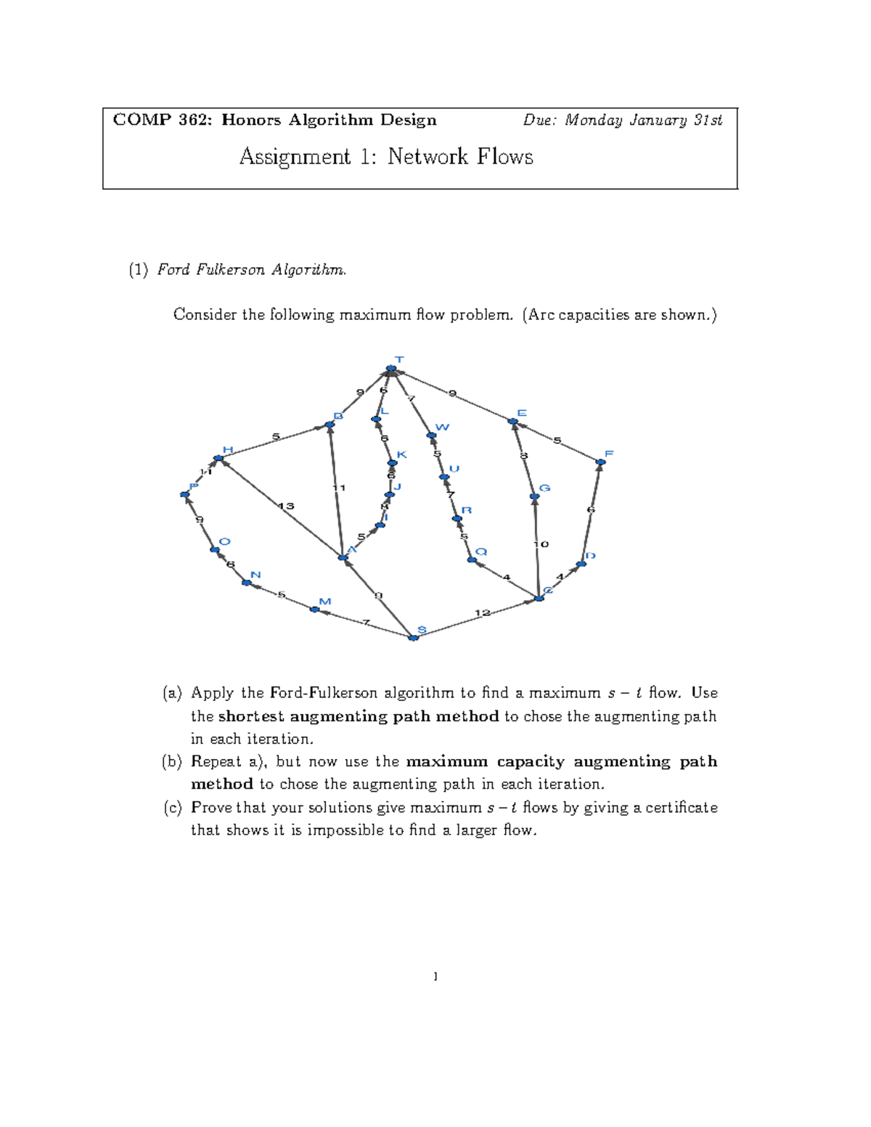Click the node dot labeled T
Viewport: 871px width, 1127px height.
tap(390, 369)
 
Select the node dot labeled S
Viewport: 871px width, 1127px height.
tap(413, 638)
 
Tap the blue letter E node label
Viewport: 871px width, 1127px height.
tap(522, 413)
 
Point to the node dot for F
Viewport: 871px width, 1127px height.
tap(600, 462)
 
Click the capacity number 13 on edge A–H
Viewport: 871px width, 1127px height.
tap(286, 506)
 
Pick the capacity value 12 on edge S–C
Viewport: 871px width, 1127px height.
tap(482, 613)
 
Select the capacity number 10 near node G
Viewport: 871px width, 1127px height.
tap(541, 544)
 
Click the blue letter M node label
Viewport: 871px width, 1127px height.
tap(324, 602)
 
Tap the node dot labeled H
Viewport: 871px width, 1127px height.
tap(218, 459)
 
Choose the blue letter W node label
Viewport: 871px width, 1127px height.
tap(442, 427)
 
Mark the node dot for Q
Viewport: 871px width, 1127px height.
tap(472, 560)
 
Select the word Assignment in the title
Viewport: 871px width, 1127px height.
tap(295, 157)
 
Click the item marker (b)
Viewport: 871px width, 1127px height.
tap(172, 762)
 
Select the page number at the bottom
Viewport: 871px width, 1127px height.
tap(435, 977)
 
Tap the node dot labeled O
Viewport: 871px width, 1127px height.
tap(215, 550)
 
